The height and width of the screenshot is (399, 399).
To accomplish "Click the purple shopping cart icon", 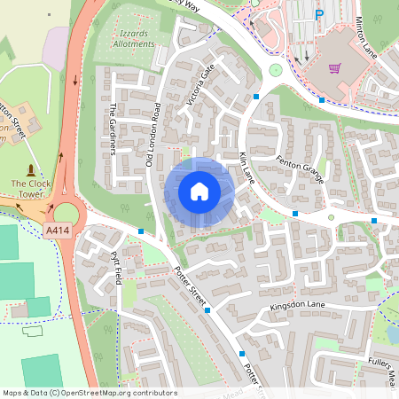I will coord(335,67).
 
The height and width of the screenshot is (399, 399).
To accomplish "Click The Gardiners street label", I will coord(113,130).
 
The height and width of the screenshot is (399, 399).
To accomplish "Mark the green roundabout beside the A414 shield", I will coord(66,214).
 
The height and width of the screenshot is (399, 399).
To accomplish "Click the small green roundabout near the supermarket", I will coord(275,69).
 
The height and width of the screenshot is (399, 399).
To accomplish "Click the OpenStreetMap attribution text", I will coord(90,393).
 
